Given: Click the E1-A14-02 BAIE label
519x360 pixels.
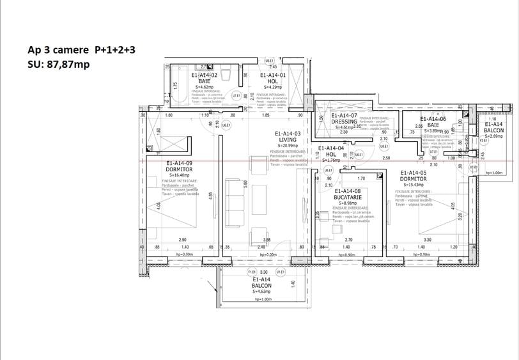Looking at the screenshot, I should tap(205, 78).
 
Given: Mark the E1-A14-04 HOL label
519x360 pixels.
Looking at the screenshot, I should tap(330, 151).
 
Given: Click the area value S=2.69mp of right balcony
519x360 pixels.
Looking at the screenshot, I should tap(495, 136).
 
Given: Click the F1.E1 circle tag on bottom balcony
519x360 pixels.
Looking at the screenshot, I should tap(251, 272).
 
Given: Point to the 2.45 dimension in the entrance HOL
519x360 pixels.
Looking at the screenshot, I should tap(272, 67).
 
